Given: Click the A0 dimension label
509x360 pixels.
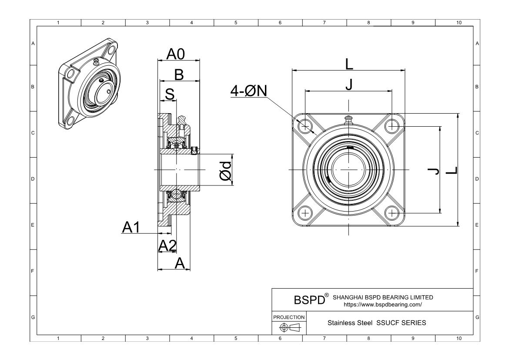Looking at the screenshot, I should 176,54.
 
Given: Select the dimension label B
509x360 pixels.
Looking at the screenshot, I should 178,75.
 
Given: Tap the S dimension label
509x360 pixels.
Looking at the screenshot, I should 170,94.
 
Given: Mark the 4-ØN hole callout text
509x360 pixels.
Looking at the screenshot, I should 249,91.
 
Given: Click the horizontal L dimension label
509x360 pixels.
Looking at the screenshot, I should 349,64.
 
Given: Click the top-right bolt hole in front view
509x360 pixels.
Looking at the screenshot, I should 392,126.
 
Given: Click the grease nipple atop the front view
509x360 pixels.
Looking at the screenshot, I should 348,119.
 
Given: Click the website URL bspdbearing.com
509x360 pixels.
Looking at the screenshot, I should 383,305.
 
